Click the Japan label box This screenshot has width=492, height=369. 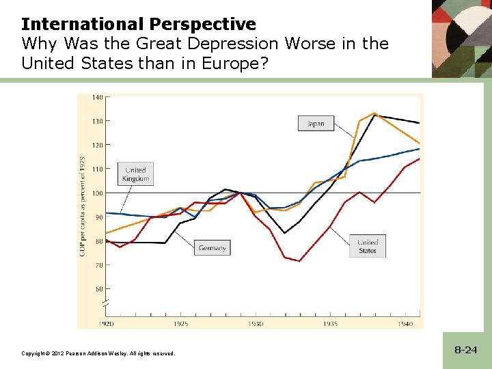click(x=316, y=124)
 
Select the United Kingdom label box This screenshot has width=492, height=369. click(x=135, y=174)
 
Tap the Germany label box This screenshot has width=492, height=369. click(x=212, y=248)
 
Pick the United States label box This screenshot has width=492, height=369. click(x=367, y=246)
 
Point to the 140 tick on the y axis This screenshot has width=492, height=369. click(x=98, y=98)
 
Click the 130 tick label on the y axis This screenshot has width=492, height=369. click(x=98, y=122)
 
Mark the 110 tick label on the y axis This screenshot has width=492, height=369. click(x=98, y=169)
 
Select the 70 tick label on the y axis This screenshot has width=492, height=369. click(x=98, y=264)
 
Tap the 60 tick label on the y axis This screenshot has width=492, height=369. click(x=98, y=288)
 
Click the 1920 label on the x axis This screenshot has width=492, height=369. click(x=107, y=323)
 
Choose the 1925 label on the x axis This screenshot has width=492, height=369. click(x=181, y=323)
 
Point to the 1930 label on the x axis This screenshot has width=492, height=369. click(x=256, y=323)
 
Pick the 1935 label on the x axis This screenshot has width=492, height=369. click(x=330, y=323)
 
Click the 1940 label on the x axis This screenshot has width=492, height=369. click(x=405, y=323)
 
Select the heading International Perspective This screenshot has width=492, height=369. click(x=139, y=25)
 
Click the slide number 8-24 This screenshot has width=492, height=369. click(x=465, y=350)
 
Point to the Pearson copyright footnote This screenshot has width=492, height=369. click(x=98, y=353)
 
